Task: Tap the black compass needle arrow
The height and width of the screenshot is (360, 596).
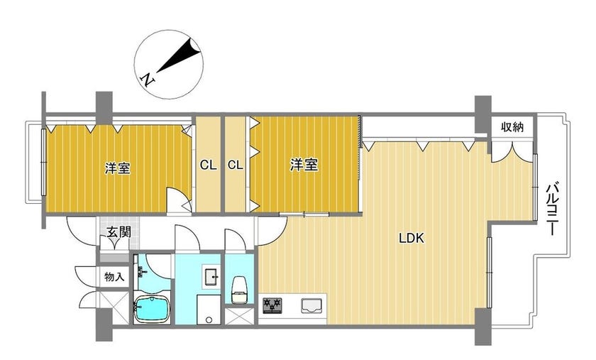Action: coord(178,55)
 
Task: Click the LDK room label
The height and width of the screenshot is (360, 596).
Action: coord(411,238)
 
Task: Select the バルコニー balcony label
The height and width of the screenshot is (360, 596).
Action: coord(552,209)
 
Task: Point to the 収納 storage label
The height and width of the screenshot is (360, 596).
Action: coord(512,126)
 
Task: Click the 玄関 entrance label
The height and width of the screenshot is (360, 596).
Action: coord(119,231)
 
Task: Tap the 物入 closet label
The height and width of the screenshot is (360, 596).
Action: coord(114,277)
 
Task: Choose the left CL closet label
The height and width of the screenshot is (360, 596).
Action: coord(209,165)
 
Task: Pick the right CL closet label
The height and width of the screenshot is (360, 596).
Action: coord(236,165)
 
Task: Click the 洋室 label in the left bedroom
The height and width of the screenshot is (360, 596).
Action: coord(118,168)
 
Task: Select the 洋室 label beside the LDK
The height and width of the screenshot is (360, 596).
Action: coord(304,165)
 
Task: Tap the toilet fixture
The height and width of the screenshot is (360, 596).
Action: coord(239,290)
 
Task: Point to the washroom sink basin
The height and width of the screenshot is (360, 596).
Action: coord(211,276)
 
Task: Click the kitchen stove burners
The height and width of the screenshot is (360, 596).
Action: coord(272,305)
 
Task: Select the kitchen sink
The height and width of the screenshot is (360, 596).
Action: coord(311,306)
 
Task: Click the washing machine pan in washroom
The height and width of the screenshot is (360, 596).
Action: coord(209,310)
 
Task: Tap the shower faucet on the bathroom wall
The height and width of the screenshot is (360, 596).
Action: coord(143,272)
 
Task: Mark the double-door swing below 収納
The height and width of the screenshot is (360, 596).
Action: coord(512,152)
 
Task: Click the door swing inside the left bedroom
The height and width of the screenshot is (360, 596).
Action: coord(180,199)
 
